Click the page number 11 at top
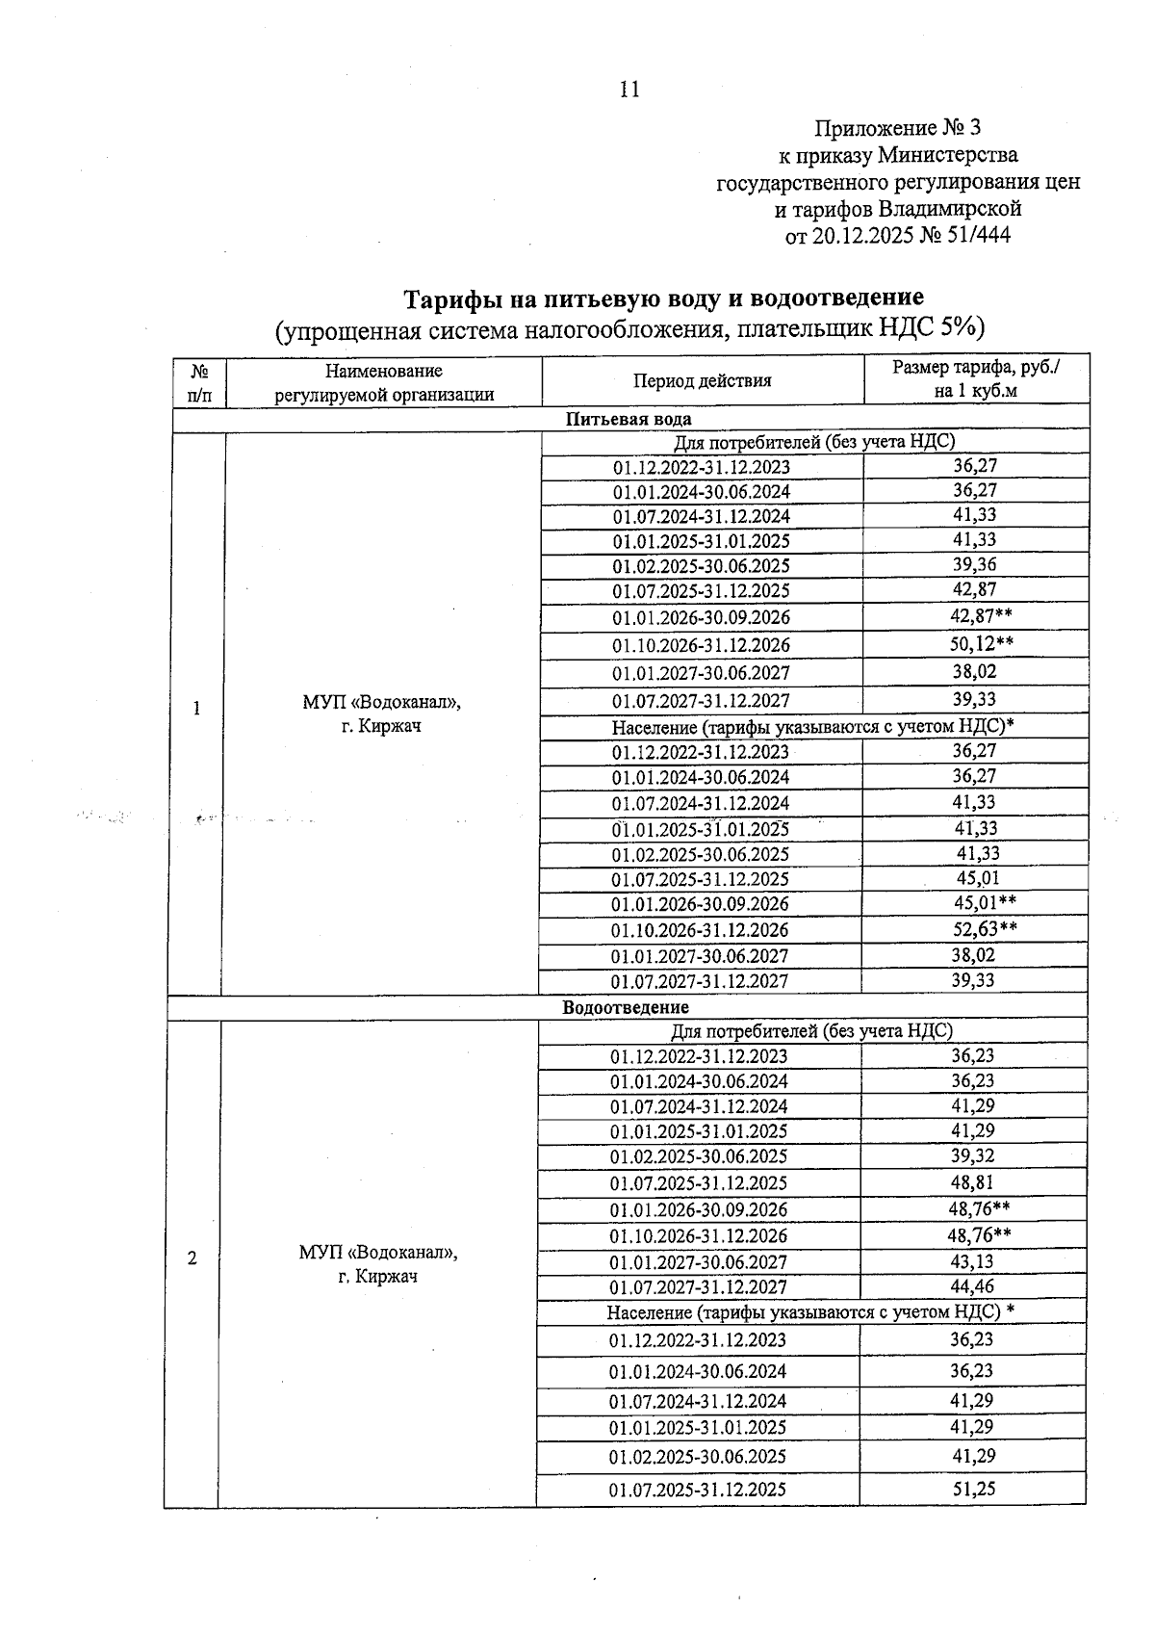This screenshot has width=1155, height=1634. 629,90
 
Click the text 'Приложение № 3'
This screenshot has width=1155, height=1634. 897,128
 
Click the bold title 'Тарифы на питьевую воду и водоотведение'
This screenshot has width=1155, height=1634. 663,298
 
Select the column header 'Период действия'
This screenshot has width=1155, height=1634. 702,380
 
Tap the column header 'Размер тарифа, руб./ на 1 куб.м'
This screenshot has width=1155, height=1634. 976,378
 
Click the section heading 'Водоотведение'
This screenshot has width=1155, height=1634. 626,1007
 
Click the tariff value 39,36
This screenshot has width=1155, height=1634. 974,564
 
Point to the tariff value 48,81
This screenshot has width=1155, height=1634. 972,1181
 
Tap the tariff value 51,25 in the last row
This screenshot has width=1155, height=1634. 973,1489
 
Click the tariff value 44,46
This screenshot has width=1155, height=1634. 972,1286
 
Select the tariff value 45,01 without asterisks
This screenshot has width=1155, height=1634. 977,878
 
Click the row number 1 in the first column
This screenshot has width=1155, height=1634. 197,710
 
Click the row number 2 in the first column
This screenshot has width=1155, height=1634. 192,1258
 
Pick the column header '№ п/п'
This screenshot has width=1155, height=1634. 200,381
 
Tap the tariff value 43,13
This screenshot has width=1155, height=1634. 972,1260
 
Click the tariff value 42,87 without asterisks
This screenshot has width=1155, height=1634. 974,589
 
